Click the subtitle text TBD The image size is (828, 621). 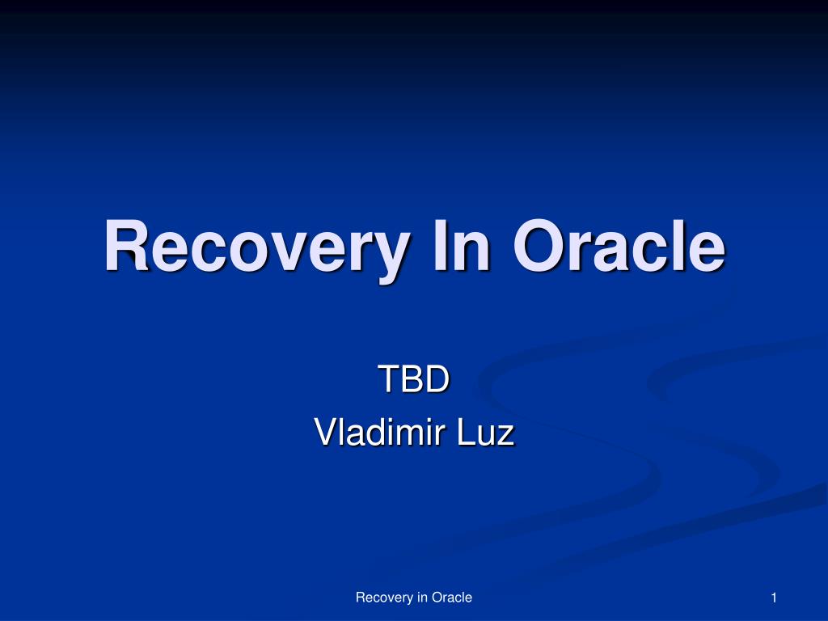point(413,379)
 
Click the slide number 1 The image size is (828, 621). point(774,598)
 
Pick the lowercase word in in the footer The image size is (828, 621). point(421,598)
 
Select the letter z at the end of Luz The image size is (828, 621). point(505,437)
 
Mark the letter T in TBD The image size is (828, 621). point(388,379)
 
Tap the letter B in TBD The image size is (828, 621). point(412,379)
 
